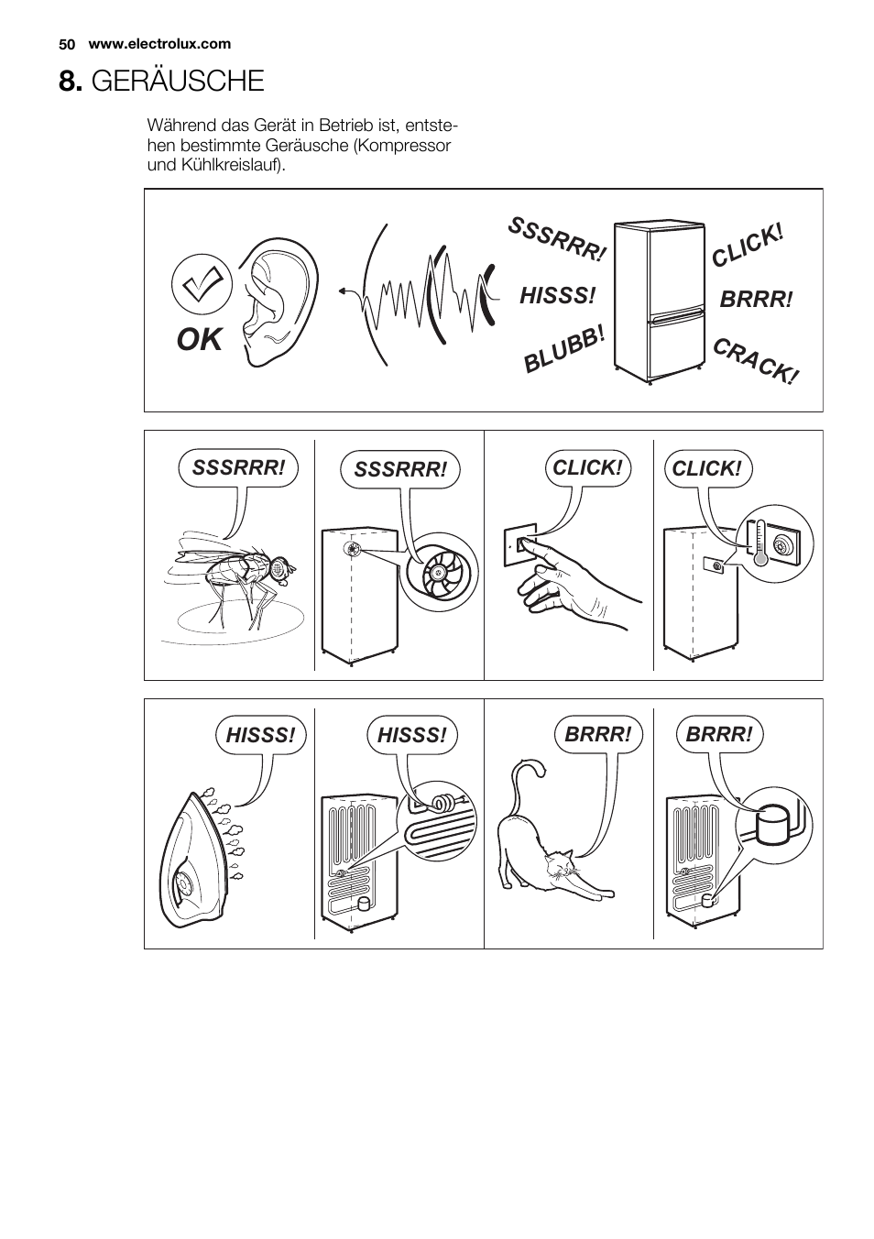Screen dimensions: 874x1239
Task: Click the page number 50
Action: [67, 44]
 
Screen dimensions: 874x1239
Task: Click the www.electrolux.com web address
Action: [159, 44]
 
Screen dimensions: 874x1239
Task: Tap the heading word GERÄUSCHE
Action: [178, 81]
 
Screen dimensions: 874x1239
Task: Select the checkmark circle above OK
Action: [202, 284]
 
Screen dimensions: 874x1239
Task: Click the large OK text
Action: [200, 339]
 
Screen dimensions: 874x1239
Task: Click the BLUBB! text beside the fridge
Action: [564, 349]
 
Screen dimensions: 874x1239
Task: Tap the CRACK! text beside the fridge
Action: [755, 361]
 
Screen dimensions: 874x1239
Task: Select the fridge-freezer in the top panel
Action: [659, 302]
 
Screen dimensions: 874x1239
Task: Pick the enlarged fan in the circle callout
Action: [439, 573]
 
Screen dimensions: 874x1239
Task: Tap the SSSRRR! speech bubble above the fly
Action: [238, 468]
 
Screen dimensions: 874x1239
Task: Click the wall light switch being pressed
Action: [520, 545]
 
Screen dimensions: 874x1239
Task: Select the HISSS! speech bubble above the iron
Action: [260, 736]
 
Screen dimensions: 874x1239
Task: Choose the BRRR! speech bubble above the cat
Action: [597, 735]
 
